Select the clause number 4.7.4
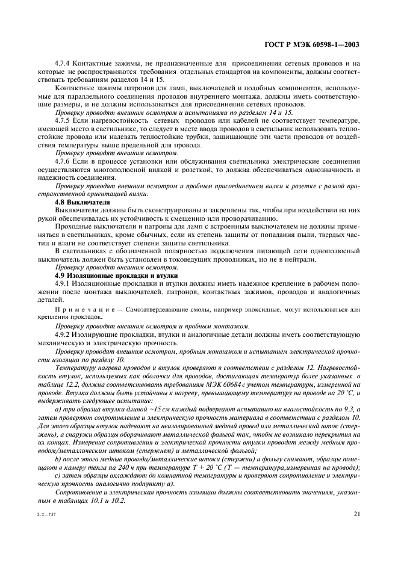[63, 63]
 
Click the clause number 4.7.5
[63, 120]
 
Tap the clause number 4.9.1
[63, 283]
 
